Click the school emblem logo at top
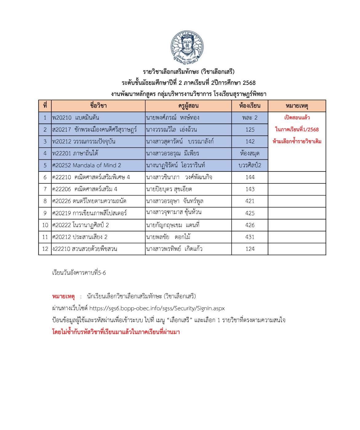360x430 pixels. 187,47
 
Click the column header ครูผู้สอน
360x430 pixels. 188,106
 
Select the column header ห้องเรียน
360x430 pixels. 250,106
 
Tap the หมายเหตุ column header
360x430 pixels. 297,106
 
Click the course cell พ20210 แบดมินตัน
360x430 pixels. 76,118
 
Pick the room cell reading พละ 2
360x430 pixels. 250,118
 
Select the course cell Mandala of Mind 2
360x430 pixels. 87,165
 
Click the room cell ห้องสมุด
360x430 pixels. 250,153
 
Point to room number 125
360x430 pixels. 250,130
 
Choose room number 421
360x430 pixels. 250,201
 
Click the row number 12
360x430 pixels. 45,249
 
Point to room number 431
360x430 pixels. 250,237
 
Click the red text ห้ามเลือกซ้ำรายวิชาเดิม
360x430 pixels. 297,142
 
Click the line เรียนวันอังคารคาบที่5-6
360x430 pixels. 79,273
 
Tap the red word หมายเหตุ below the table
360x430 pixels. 63,297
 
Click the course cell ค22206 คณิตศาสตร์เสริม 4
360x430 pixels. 85,189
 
